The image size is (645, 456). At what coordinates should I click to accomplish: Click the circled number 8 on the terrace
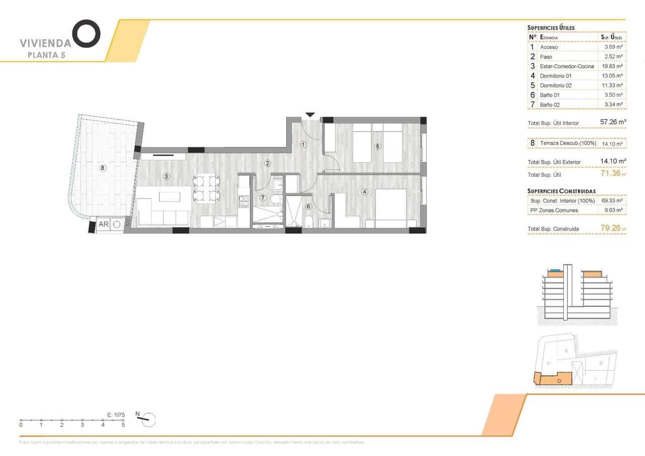(103, 168)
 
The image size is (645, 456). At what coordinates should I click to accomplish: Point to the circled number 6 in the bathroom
(308, 206)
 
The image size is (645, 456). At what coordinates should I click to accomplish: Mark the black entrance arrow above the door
(310, 115)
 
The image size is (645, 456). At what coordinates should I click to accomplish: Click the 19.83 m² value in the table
(612, 66)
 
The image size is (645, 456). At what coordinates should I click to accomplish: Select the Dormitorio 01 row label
(555, 76)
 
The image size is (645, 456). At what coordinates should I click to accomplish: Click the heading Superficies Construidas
(561, 191)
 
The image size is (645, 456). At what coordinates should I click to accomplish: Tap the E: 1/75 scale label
(116, 414)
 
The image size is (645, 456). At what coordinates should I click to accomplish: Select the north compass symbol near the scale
(147, 418)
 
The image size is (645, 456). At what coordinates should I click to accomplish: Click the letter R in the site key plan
(566, 351)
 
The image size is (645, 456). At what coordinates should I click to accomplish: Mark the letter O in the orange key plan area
(559, 381)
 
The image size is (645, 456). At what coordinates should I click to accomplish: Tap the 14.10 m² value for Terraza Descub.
(612, 144)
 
